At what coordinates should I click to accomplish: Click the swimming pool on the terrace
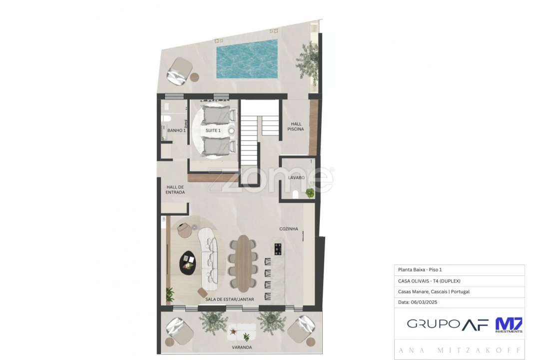[x=247, y=58]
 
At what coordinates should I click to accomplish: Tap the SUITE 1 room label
[x=213, y=130]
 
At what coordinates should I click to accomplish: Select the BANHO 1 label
[x=176, y=130]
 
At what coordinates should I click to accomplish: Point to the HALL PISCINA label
[x=295, y=126]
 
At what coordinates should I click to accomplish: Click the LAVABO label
[x=296, y=177]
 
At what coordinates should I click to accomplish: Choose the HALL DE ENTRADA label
[x=175, y=189]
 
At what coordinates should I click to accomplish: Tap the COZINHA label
[x=289, y=229]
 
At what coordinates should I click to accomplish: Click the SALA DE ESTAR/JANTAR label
[x=229, y=299]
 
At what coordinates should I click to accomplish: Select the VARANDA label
[x=242, y=347]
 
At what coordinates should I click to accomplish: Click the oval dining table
[x=243, y=263]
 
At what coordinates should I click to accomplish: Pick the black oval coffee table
[x=188, y=262]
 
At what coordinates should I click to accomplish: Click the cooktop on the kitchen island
[x=278, y=248]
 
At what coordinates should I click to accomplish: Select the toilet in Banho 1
[x=166, y=118]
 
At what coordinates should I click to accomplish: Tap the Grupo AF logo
[x=447, y=324]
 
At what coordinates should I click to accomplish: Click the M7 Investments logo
[x=509, y=325]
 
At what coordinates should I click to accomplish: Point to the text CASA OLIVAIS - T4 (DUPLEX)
[x=429, y=281]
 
